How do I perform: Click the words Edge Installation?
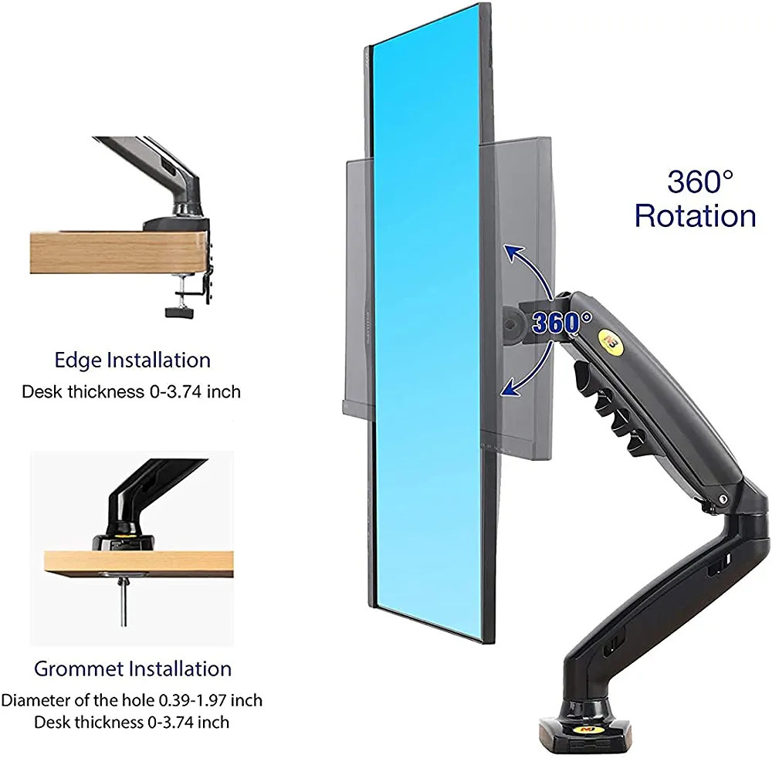point(132,360)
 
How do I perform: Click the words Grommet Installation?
point(132,668)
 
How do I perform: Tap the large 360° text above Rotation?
point(700,182)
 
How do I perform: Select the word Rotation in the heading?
point(695,216)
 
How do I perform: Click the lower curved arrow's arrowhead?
point(508,391)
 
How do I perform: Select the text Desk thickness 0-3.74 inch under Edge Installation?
point(130,391)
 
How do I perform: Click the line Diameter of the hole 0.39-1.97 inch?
point(131,701)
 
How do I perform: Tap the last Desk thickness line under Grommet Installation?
point(131,722)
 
